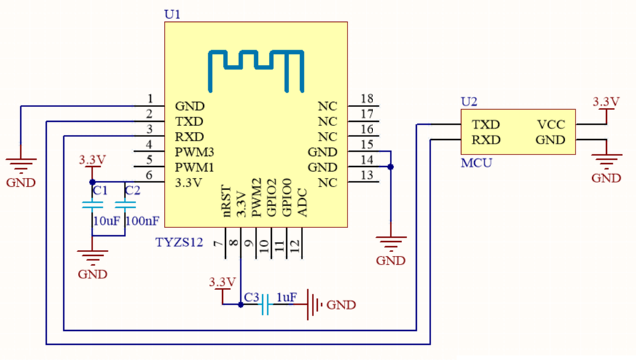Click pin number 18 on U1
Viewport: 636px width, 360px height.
(x=366, y=99)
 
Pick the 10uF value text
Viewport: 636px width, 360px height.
(x=106, y=220)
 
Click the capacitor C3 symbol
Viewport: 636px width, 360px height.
(x=266, y=305)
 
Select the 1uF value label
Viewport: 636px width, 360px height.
(x=286, y=297)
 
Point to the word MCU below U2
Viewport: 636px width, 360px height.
(x=476, y=163)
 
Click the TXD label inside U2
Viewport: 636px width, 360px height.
(x=485, y=125)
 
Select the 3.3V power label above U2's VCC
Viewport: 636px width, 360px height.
(x=605, y=101)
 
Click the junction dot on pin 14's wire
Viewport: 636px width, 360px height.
(x=391, y=167)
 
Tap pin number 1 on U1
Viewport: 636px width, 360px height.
(x=150, y=99)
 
